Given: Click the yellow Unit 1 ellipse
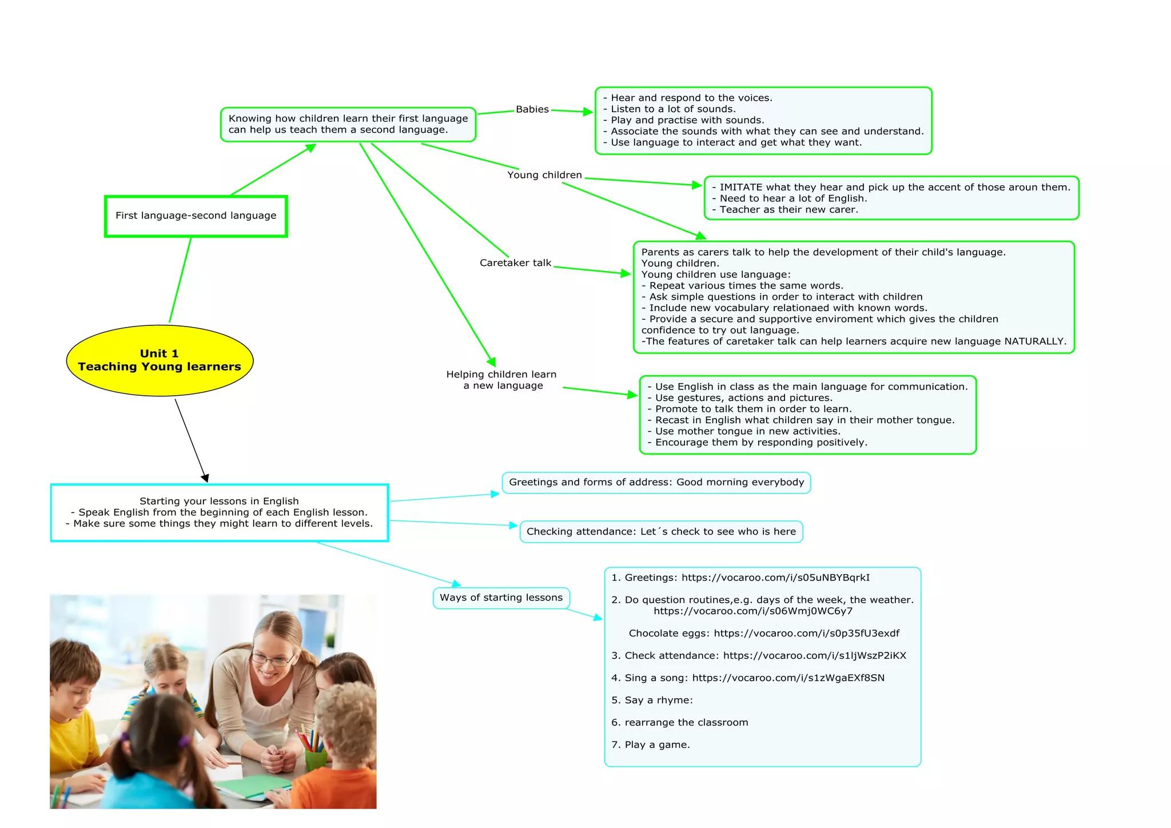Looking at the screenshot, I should coord(160,360).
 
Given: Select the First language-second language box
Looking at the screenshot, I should coord(196,216).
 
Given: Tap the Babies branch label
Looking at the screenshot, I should coord(532,109).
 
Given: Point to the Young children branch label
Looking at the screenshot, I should coord(544,175).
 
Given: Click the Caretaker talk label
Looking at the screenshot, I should coord(515,263).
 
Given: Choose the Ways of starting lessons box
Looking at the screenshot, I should coord(501,598).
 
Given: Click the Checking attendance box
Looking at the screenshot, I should coord(661,532).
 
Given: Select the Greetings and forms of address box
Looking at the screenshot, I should coord(656,482).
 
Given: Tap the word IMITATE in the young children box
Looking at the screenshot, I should coord(740,188).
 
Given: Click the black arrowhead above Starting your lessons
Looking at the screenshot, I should coord(205,478).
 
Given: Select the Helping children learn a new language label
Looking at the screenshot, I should coord(501,380).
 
